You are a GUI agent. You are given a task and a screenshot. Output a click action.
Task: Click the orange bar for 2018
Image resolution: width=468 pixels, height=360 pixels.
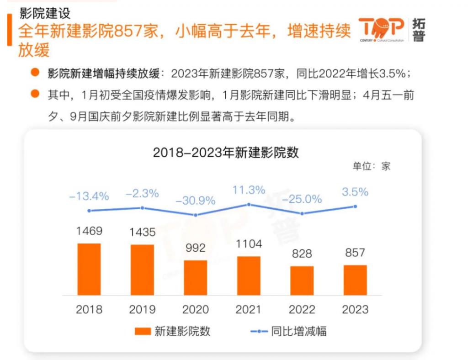89,269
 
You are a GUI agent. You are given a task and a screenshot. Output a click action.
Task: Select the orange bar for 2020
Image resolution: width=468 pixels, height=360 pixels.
195,277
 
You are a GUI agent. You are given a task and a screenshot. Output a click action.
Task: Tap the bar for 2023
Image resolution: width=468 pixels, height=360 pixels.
355,280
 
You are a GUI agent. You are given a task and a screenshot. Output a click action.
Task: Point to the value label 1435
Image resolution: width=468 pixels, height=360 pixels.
142,232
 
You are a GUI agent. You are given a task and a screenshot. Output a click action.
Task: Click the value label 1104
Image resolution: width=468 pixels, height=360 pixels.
249,244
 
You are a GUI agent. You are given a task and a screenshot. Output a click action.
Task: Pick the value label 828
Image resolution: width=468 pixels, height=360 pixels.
302,254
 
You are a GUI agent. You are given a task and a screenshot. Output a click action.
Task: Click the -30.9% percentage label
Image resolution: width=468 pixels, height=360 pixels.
196,201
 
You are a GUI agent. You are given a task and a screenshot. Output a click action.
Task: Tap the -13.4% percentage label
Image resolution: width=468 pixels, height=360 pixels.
89,196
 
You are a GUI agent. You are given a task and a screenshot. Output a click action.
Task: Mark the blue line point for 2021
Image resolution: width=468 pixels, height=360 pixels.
249,204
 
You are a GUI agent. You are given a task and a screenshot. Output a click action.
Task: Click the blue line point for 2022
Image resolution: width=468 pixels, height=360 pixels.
302,213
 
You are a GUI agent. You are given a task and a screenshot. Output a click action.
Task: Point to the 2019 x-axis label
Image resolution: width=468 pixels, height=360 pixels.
142,310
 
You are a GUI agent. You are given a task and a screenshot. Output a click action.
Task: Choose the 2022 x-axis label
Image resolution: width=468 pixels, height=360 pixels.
302,310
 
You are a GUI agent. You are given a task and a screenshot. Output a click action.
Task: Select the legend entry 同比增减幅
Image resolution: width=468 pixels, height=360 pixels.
288,331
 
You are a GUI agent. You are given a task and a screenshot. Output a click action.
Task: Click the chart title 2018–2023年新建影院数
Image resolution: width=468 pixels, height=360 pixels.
226,153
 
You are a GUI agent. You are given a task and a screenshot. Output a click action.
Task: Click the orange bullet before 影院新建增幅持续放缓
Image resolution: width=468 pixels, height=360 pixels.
34,73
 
